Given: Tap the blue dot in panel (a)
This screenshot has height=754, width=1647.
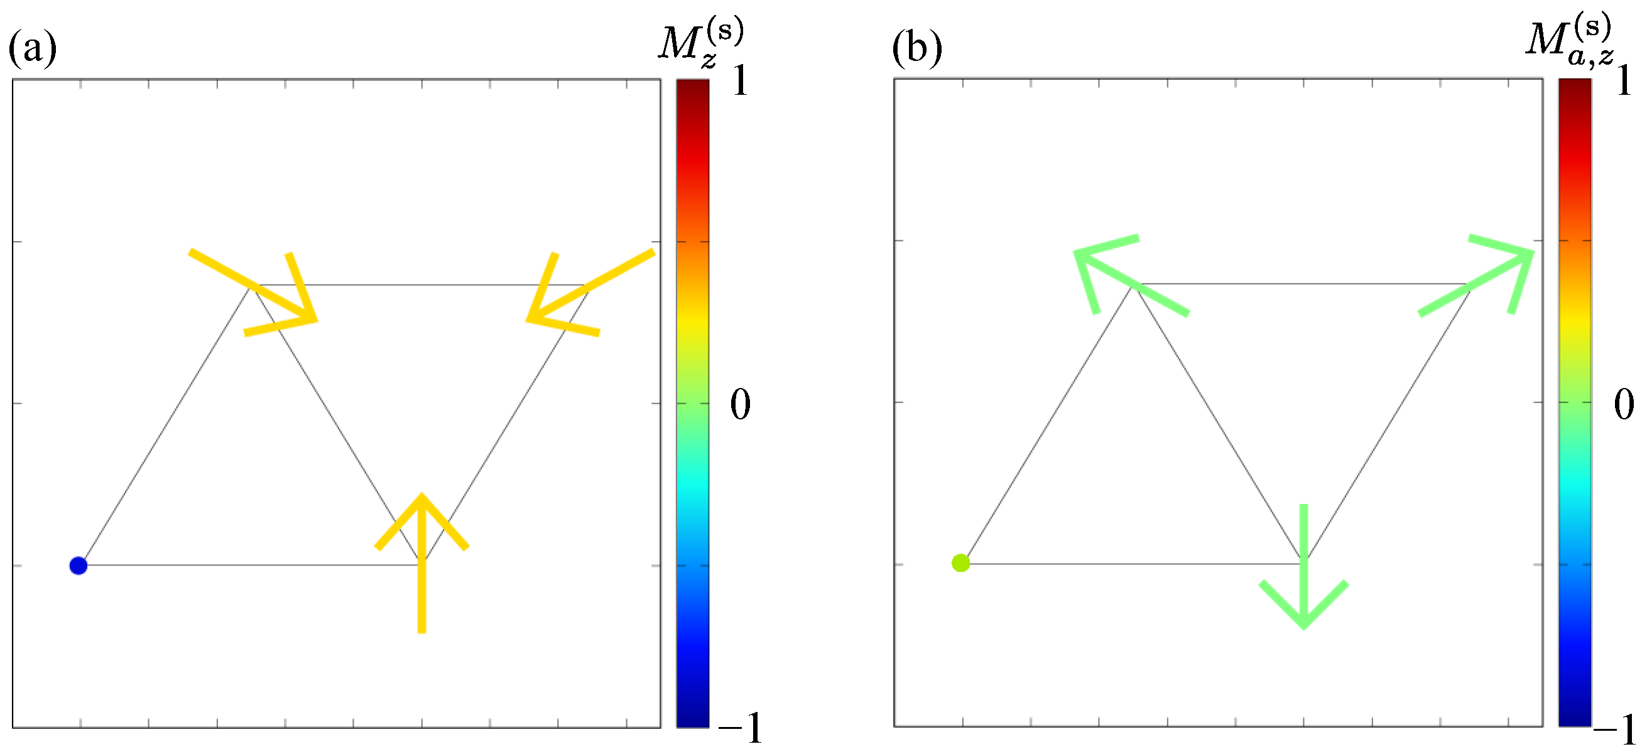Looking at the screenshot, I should [78, 566].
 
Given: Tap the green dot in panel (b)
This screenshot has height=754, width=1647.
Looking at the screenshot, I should [960, 563].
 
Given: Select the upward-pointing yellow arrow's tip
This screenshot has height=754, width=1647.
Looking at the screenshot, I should [421, 497].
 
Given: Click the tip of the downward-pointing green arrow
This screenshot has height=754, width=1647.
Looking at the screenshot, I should [1303, 626].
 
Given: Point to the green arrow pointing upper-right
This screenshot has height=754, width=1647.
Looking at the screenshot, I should [1477, 282].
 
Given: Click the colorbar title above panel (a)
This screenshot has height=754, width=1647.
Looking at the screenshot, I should [701, 42].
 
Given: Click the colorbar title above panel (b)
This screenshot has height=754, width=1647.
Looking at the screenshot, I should [1569, 41].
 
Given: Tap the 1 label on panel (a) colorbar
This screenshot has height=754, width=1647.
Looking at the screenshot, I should [741, 82].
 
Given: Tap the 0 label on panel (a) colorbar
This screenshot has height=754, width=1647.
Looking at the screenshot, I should [741, 404].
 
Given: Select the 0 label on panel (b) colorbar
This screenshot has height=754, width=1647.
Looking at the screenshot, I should [1624, 404].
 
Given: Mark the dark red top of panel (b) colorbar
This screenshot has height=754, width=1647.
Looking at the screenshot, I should [1574, 86].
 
